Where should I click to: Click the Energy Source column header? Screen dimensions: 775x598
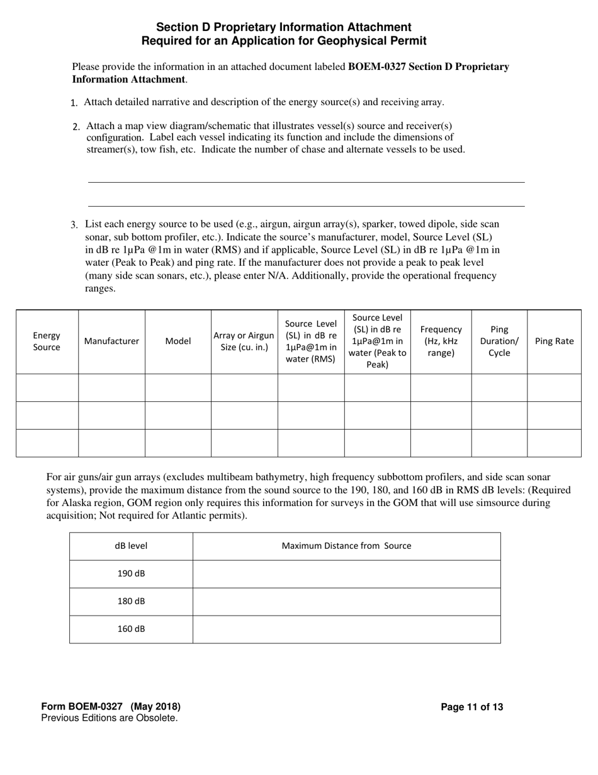pos(47,342)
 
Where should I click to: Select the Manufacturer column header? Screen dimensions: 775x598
pos(111,342)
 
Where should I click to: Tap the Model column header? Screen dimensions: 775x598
pos(178,342)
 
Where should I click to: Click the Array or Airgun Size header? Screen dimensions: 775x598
pos(244,342)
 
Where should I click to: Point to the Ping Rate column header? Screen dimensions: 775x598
pos(554,342)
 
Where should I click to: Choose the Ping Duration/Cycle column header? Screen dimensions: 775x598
pos(499,342)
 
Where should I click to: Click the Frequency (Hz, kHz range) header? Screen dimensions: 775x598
pos(441,342)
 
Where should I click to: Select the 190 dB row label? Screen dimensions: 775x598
pos(131,574)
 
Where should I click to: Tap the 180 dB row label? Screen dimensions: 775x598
pos(131,602)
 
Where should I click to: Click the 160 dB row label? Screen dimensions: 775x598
pos(131,629)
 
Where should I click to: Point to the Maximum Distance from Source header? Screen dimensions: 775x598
pos(346,546)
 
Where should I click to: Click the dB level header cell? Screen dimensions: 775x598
pos(131,546)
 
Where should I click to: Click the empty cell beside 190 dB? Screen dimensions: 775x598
pos(346,574)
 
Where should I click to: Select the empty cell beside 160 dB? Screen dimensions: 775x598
pos(346,629)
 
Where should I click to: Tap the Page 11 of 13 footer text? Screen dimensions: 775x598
pos(471,707)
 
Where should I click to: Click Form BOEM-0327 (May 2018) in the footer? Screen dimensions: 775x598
pos(111,707)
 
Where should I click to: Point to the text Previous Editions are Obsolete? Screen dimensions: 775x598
pos(109,718)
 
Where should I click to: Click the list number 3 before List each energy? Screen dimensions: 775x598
pos(74,225)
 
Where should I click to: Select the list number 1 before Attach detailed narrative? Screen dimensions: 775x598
pos(74,103)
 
